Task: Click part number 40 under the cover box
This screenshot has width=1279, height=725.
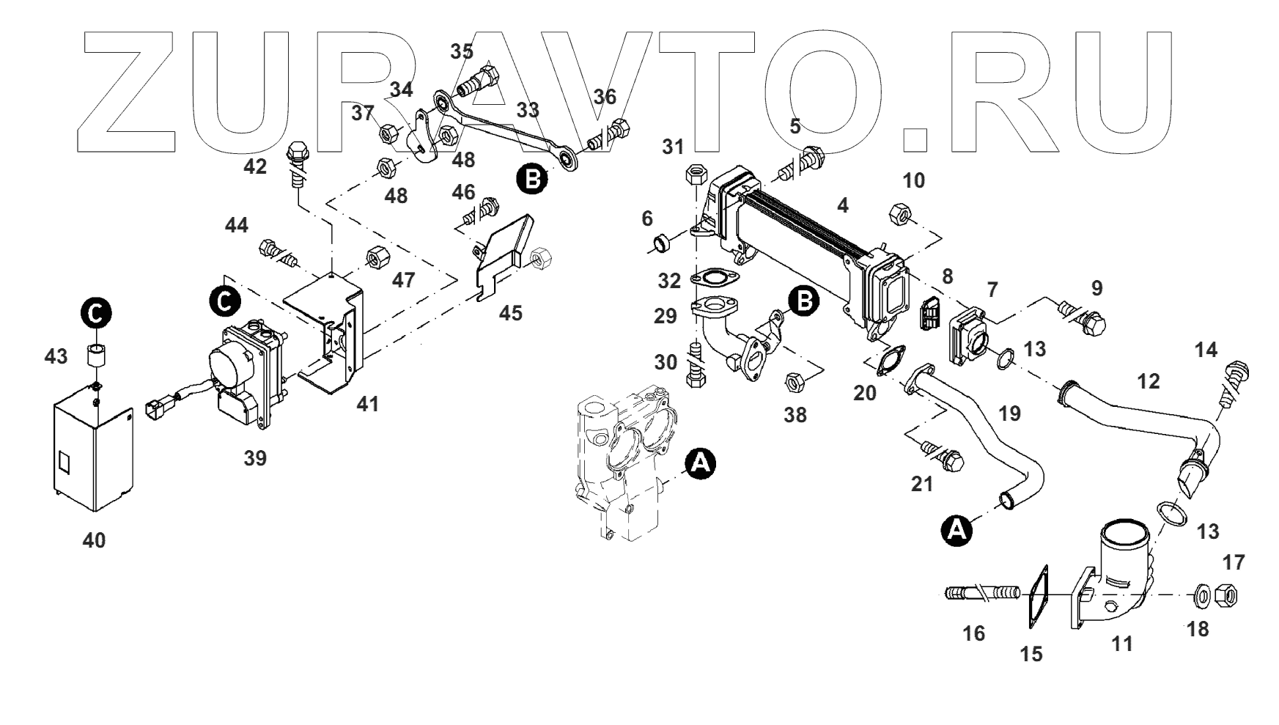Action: (x=94, y=541)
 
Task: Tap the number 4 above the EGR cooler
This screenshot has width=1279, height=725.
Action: (x=843, y=206)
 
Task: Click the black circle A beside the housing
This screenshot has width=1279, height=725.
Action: (x=700, y=463)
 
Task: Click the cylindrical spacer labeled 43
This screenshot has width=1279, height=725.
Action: (x=95, y=356)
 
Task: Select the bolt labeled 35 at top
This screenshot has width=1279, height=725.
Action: (x=480, y=80)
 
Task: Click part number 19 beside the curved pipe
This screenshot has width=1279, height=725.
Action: (x=1009, y=413)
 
